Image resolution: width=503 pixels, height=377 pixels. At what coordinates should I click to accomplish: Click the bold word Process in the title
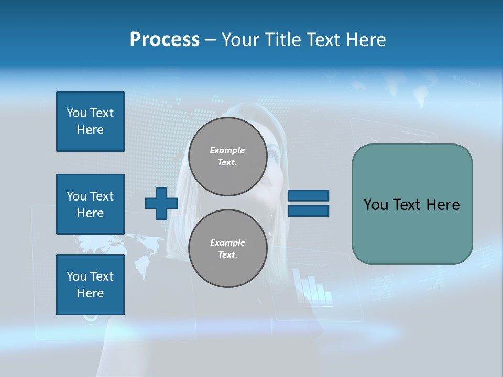click(165, 40)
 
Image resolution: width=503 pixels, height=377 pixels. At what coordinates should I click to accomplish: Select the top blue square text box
click(90, 121)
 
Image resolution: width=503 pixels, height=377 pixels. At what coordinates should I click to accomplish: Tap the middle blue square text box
click(90, 204)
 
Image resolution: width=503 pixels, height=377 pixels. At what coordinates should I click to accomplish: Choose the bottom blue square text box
click(90, 285)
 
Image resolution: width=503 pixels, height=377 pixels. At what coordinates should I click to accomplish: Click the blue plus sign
click(161, 204)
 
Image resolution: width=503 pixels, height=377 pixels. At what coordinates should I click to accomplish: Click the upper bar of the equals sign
click(308, 196)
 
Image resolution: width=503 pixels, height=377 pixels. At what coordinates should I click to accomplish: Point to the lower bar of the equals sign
click(308, 211)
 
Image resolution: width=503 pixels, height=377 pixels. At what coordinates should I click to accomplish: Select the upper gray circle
click(227, 157)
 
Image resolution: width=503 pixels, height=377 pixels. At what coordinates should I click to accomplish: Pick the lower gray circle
click(227, 249)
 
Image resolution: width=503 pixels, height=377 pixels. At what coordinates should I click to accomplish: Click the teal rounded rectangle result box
click(412, 204)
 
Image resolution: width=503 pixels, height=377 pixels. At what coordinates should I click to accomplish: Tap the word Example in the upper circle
click(227, 150)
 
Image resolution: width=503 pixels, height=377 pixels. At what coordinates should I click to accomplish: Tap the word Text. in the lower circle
click(227, 255)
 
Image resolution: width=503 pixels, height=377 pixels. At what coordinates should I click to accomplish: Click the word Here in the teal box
click(443, 205)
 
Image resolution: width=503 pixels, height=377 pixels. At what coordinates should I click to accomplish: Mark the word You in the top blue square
click(76, 113)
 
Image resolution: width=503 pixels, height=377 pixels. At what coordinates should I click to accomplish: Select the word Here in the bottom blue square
click(90, 293)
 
